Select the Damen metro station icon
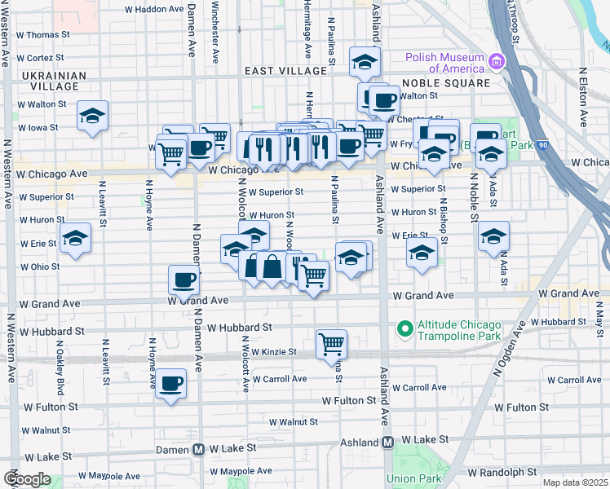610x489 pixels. pyautogui.click(x=197, y=449)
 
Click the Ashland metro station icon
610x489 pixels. pyautogui.click(x=388, y=441)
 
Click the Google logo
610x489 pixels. pyautogui.click(x=27, y=479)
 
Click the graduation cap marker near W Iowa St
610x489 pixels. pyautogui.click(x=93, y=115)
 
